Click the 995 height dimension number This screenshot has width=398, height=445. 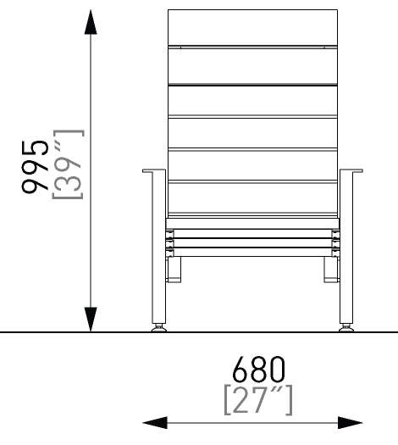coord(35,167)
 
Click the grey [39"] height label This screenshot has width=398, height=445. coord(68,164)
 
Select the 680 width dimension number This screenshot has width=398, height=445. coord(258,370)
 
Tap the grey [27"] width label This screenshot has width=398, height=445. coord(258,400)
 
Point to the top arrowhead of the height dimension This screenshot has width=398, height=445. coord(91,22)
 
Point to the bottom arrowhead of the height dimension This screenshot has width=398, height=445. coord(91,319)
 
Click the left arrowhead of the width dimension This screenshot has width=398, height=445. coord(155,423)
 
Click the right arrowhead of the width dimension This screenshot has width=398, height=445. coord(351,423)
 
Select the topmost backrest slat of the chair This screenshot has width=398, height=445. coord(252,27)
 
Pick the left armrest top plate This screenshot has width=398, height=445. coord(154,170)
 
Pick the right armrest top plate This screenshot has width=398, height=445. coord(351,170)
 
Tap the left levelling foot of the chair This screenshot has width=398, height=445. coord(159,328)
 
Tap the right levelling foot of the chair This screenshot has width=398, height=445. coord(346,328)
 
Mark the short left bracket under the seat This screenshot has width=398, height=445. coord(174,270)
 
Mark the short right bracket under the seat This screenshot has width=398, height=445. coord(332,270)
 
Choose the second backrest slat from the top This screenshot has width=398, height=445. coord(252,66)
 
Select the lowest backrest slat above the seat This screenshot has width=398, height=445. coord(252,197)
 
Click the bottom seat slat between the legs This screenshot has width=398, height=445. coord(252,252)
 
